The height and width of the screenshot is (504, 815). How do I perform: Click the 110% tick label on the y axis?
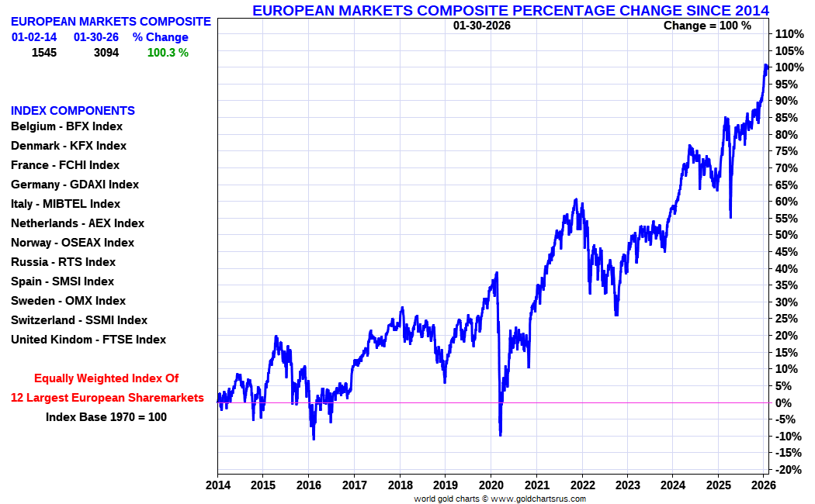coord(788,34)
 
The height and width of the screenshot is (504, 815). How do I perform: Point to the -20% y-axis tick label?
coord(788,470)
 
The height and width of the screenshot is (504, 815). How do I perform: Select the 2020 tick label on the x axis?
coord(491,486)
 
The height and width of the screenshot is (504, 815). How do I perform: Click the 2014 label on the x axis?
coord(217,486)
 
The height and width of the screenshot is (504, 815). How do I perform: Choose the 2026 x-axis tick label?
coord(764,486)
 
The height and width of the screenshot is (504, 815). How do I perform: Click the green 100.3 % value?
coord(168,53)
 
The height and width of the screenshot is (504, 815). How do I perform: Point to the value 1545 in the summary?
coord(45,53)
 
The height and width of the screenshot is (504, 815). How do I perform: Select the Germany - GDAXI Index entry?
coord(75,185)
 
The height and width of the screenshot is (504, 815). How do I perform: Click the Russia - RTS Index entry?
coord(63,262)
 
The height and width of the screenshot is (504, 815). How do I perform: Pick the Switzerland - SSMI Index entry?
coord(79,320)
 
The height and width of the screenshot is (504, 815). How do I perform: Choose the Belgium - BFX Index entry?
coord(67,126)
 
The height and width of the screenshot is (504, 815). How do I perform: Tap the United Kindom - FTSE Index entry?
coord(88,340)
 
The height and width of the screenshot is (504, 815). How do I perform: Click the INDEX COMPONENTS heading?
coord(73,111)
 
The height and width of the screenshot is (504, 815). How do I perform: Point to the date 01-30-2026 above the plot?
coord(482,26)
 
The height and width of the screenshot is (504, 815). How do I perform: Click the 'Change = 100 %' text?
coord(707,26)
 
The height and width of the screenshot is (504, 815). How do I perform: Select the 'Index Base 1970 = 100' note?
coord(106,417)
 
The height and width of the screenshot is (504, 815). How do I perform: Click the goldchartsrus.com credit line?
coord(500,499)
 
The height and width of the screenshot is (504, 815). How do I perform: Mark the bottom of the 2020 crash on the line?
coord(500,435)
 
